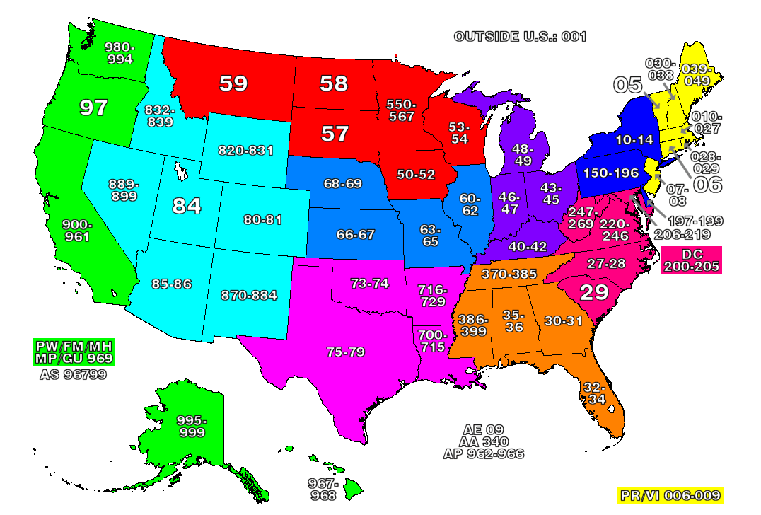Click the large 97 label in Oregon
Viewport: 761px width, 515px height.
click(x=93, y=108)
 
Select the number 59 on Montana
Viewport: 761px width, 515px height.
click(x=233, y=83)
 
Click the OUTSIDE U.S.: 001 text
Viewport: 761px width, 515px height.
click(x=520, y=37)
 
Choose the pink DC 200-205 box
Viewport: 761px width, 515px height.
click(x=691, y=260)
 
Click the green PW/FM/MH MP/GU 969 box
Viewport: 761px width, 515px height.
click(x=75, y=352)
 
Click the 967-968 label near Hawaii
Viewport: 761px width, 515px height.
click(x=323, y=489)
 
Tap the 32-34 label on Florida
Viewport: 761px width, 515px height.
click(x=595, y=394)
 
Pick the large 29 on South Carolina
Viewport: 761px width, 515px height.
click(x=594, y=293)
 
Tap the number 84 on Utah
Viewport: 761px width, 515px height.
click(x=187, y=206)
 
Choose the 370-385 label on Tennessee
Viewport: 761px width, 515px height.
click(x=509, y=274)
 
